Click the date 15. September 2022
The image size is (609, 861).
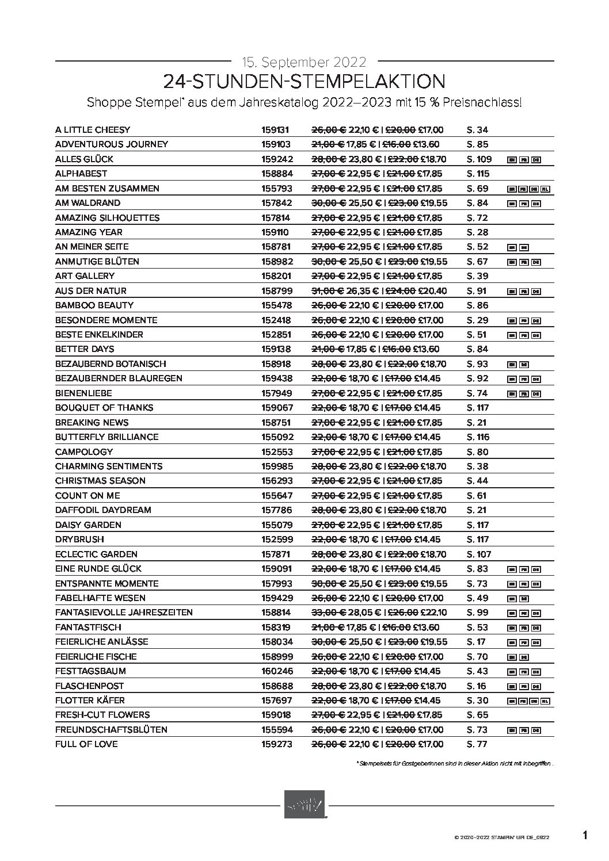(304, 61)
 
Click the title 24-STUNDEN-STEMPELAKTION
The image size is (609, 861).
(304, 81)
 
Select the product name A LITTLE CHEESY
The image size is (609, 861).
(93, 129)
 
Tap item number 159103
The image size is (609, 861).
(276, 144)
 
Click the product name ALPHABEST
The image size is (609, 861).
(81, 173)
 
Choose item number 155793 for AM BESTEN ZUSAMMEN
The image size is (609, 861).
(277, 188)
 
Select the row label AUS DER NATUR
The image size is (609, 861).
(91, 290)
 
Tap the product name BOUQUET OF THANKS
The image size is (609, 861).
(104, 407)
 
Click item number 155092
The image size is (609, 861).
(277, 437)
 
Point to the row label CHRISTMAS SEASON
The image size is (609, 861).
(100, 480)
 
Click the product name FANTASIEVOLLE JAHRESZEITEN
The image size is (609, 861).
(124, 612)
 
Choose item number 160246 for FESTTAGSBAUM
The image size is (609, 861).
(277, 671)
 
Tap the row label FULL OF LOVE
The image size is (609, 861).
(86, 744)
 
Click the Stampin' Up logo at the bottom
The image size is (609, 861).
(304, 803)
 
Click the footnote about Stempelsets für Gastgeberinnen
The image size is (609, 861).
(455, 763)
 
